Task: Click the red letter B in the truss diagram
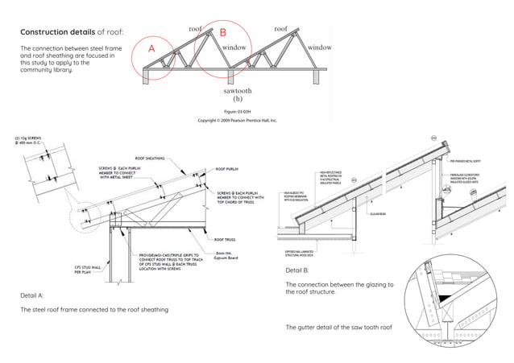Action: tap(223, 33)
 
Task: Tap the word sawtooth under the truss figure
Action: tap(238, 92)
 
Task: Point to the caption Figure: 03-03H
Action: tap(238, 110)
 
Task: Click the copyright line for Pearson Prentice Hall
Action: tap(238, 120)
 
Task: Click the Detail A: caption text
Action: tap(33, 296)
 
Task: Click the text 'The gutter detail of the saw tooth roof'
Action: tap(338, 328)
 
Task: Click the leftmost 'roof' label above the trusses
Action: tap(195, 29)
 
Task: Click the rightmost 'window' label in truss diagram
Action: tap(320, 47)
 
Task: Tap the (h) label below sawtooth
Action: tap(238, 100)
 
